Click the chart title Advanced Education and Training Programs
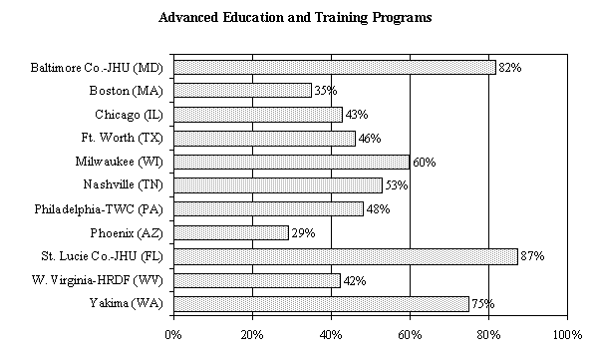294,19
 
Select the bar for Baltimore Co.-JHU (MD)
334,67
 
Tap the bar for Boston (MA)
242,91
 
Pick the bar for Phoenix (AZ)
230,232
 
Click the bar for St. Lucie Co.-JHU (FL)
345,256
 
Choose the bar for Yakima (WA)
321,303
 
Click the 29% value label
303,232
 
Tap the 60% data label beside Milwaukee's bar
424,162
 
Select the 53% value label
397,185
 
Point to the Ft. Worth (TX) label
124,138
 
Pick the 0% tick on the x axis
173,332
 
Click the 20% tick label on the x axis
252,332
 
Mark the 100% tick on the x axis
566,332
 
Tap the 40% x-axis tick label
331,332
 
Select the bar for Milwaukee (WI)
291,162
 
